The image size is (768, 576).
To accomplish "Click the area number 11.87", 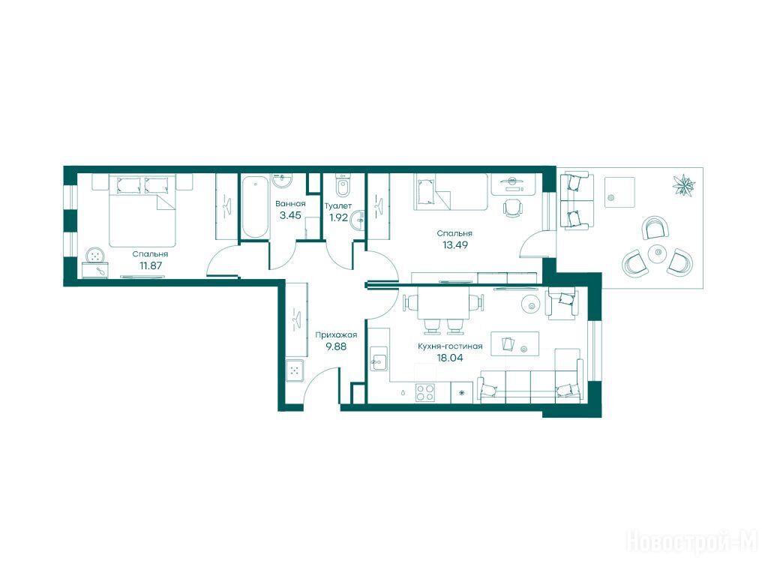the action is (x=150, y=266).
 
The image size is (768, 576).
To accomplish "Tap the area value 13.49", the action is (x=455, y=245).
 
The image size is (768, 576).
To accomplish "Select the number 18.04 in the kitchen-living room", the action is (x=450, y=358).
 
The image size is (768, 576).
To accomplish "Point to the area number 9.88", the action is (x=336, y=346).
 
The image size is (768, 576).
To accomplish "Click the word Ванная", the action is (x=290, y=204).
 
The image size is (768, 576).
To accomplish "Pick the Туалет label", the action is (x=338, y=205).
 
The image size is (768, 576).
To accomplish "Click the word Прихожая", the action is (x=336, y=335).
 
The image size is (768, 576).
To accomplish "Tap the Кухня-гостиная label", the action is (x=450, y=346).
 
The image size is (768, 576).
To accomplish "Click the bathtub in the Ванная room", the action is (x=255, y=207).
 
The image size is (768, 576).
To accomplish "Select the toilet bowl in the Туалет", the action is (x=343, y=185).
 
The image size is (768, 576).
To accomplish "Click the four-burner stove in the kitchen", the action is (x=425, y=392).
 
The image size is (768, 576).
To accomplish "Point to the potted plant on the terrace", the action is (x=683, y=186).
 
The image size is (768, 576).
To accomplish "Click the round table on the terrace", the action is (x=658, y=253).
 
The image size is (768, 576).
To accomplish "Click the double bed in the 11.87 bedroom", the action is (x=142, y=211).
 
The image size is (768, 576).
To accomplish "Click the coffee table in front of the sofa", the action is (x=514, y=343).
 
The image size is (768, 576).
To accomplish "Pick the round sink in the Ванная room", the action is (x=282, y=181).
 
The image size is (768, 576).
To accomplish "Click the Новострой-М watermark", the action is (x=691, y=541).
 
